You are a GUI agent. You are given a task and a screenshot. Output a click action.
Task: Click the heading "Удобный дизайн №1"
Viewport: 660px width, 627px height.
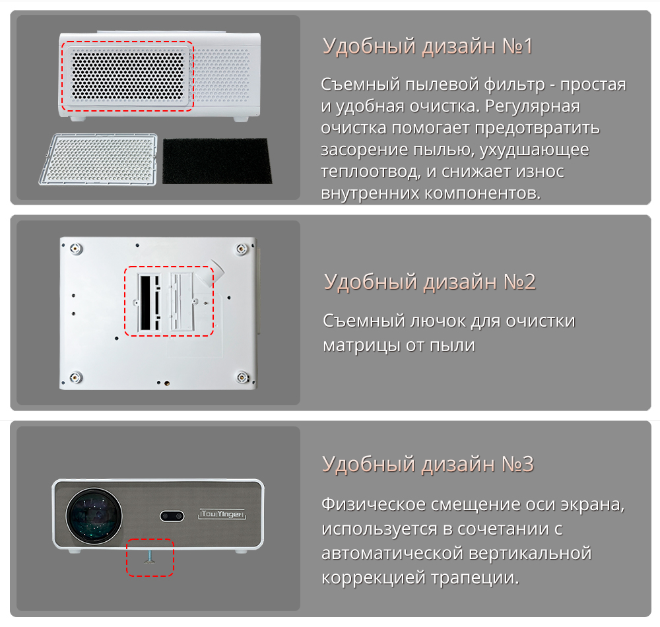428,46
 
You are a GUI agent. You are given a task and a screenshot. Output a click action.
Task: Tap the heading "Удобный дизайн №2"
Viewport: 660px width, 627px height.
430,282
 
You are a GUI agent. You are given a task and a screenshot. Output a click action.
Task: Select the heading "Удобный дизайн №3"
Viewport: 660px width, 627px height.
428,464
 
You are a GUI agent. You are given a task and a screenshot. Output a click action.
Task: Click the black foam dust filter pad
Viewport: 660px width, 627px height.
216,161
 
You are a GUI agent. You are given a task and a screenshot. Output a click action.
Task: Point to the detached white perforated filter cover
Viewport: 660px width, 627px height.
98,159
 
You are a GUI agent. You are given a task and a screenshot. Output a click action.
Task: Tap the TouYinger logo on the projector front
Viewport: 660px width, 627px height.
222,514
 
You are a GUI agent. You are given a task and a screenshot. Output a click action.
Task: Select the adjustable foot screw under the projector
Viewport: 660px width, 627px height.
150,556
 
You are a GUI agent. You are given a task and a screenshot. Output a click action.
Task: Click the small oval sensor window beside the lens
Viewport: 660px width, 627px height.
172,516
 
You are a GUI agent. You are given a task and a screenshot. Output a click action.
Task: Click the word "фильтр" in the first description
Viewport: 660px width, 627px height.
514,85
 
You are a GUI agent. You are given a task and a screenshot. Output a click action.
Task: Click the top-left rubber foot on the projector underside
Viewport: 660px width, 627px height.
76,249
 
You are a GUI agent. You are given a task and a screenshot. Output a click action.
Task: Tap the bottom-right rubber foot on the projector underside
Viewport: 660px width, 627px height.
242,377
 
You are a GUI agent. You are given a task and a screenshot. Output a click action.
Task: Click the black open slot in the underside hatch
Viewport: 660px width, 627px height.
145,302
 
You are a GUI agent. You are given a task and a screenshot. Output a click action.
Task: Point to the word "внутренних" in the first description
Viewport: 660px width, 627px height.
370,193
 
